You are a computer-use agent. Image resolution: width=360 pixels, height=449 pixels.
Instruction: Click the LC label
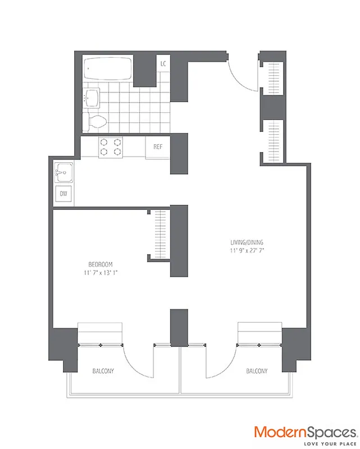pyautogui.click(x=163, y=64)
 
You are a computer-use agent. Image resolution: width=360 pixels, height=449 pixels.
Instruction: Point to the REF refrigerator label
pyautogui.click(x=158, y=146)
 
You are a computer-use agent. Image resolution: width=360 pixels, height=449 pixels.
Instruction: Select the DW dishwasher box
pyautogui.click(x=63, y=194)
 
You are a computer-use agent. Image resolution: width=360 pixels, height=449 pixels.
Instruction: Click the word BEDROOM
pyautogui.click(x=102, y=264)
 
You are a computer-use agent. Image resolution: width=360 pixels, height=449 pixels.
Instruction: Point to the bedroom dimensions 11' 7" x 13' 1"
pyautogui.click(x=102, y=273)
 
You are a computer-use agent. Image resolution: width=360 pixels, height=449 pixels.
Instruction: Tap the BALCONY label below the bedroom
pyautogui.click(x=104, y=371)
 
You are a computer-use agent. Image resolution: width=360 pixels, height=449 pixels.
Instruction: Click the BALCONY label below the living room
pyautogui.click(x=256, y=371)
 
